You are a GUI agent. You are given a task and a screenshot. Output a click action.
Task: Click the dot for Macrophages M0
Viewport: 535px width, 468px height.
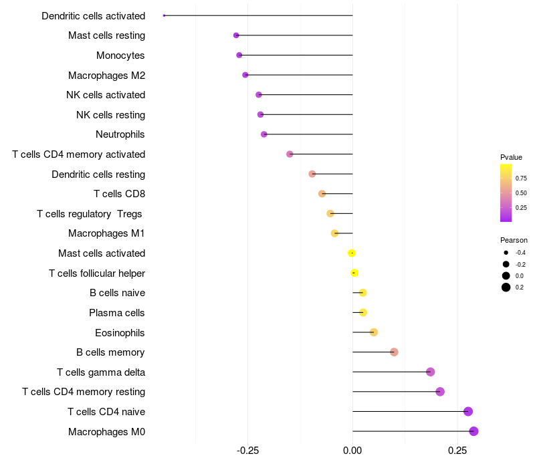pos(473,431)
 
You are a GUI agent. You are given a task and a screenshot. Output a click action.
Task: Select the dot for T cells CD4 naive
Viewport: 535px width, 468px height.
pos(467,411)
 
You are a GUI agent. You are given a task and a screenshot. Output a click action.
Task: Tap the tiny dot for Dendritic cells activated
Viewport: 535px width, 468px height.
pos(164,15)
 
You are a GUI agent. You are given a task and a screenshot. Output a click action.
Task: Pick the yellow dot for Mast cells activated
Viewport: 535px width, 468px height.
pos(352,253)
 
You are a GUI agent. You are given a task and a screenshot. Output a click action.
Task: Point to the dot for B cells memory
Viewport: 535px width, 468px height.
pos(394,352)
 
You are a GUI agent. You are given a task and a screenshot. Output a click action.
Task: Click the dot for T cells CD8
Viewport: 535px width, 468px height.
pos(322,194)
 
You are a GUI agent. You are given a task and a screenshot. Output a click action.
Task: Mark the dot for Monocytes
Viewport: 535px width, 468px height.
pos(239,55)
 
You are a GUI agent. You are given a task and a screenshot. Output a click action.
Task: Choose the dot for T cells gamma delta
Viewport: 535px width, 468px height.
pos(430,372)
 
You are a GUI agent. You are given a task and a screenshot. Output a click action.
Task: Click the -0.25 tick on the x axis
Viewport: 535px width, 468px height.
pos(247,451)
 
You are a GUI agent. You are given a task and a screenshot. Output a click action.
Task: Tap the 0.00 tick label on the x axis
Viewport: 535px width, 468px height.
pos(352,451)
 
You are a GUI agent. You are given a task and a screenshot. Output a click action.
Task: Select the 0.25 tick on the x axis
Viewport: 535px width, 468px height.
pos(457,451)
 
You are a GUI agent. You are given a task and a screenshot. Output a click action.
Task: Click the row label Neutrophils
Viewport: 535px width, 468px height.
pos(120,134)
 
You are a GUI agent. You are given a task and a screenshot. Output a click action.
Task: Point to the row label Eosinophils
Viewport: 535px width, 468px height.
pos(120,333)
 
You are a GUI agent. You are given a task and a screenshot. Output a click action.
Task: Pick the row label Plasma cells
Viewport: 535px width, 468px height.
pos(116,313)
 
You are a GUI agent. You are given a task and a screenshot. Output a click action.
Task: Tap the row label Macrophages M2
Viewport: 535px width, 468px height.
pos(107,76)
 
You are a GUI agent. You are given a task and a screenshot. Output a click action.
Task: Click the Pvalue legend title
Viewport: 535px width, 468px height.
pos(511,157)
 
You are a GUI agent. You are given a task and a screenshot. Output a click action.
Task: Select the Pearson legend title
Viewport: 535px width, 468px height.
pos(514,240)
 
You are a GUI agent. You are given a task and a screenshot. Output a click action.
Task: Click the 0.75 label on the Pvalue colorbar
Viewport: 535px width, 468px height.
pos(521,178)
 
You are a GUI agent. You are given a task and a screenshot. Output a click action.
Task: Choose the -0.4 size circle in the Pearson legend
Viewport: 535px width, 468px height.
pos(506,253)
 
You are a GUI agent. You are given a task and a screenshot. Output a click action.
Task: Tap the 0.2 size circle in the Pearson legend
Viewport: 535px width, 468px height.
pos(506,287)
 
